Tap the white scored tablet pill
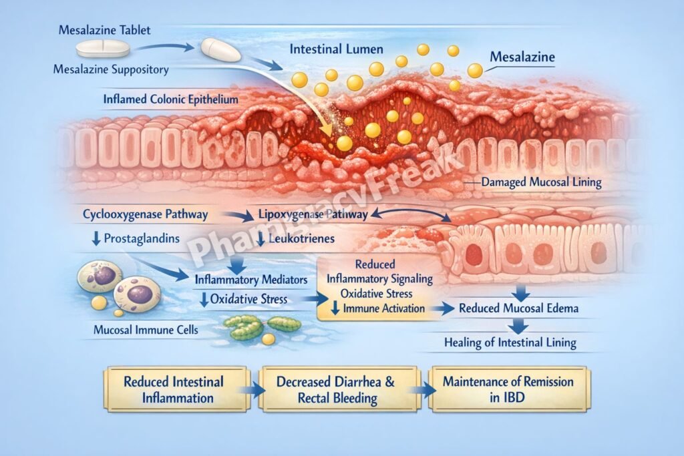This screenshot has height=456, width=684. click(x=102, y=48)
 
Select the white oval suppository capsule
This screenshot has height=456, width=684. click(x=220, y=50)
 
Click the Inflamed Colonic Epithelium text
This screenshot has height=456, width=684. click(x=170, y=99)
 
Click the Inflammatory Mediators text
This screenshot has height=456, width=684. click(x=250, y=278)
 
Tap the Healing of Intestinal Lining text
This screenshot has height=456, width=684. click(x=510, y=343)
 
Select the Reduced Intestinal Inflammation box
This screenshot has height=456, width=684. click(x=174, y=390)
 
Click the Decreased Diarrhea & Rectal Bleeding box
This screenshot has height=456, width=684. click(x=337, y=390)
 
